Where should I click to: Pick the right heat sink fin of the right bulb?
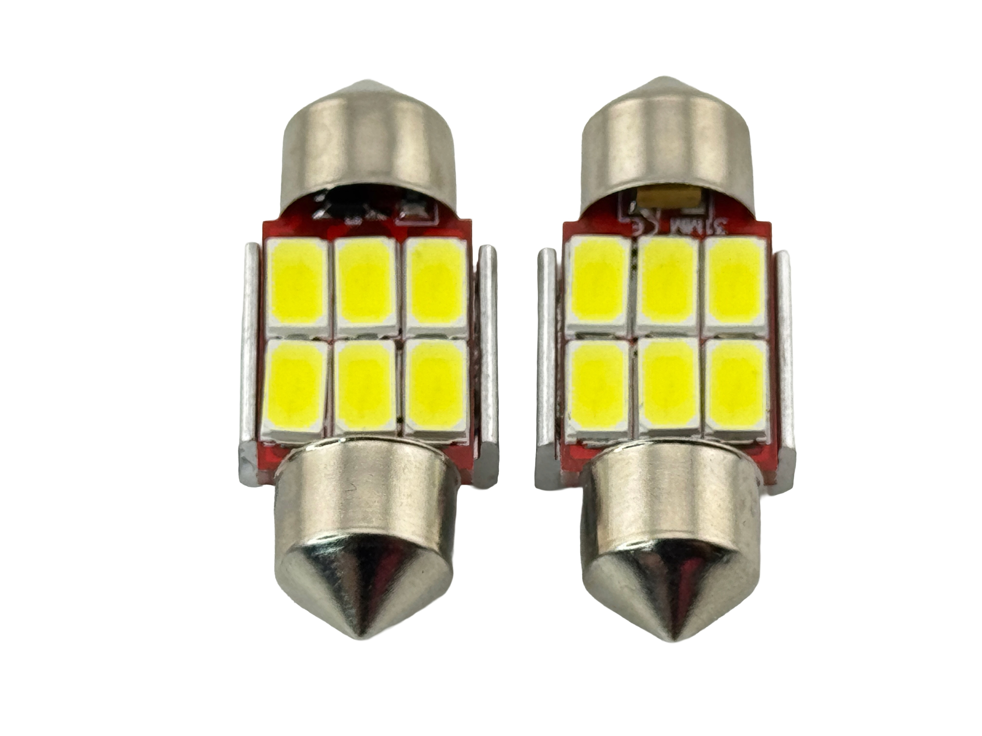click(x=786, y=350)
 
